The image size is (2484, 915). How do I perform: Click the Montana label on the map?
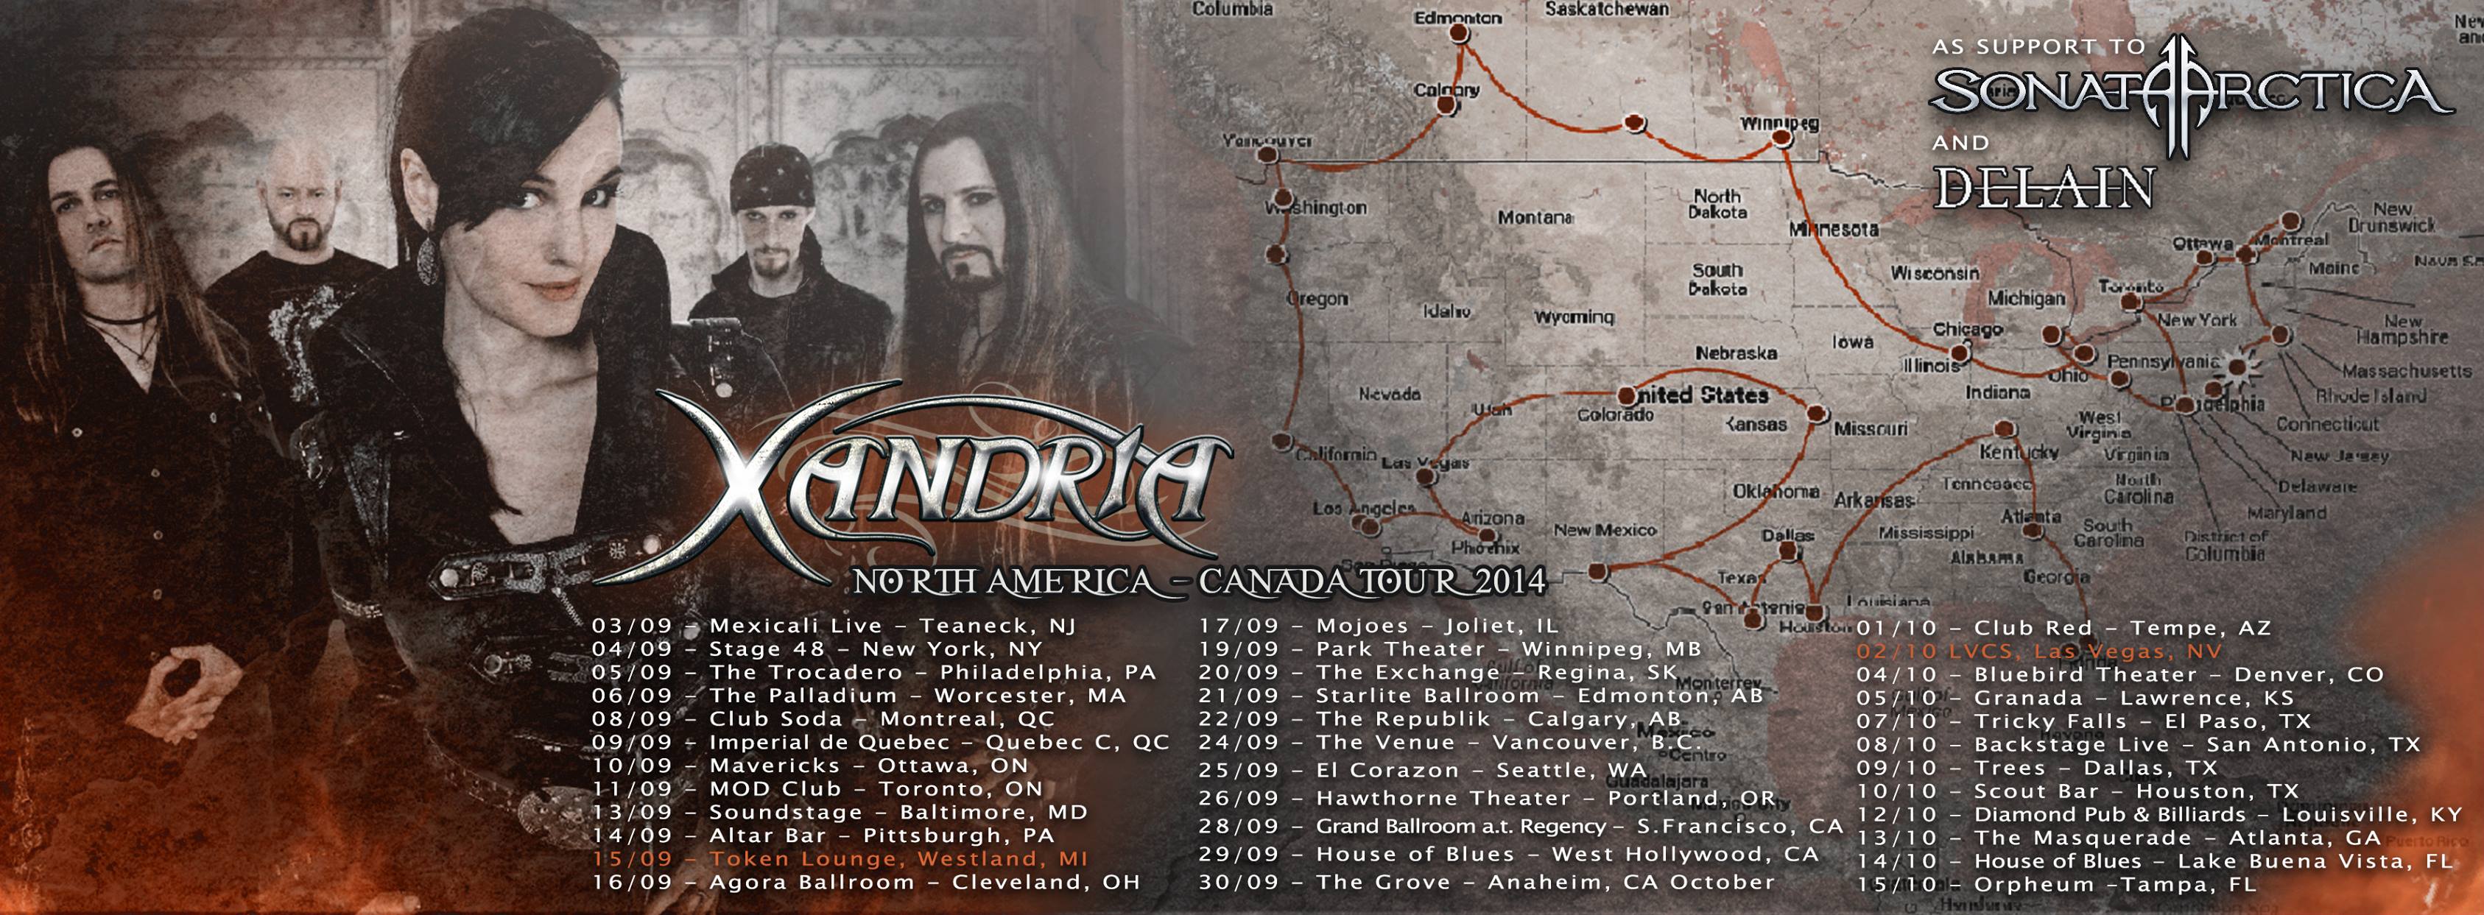(1535, 218)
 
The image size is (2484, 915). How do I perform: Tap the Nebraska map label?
(1736, 353)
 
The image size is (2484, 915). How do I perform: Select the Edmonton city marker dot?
(1460, 34)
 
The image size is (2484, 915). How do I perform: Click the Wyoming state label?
(1574, 317)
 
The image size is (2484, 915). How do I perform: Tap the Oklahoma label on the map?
(1776, 492)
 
